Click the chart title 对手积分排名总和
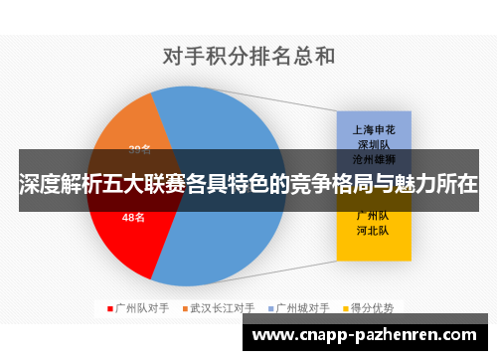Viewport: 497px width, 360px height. (x=248, y=56)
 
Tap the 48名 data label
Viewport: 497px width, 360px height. (x=133, y=216)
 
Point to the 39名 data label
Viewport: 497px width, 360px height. (x=140, y=150)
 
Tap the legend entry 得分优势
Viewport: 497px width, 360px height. (x=374, y=307)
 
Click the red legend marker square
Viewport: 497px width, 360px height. (x=108, y=307)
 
